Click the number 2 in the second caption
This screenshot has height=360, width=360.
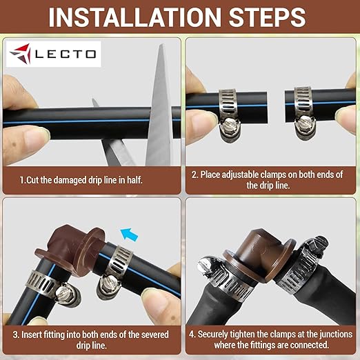(x=194, y=174)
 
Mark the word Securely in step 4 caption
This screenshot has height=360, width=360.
(x=215, y=334)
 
